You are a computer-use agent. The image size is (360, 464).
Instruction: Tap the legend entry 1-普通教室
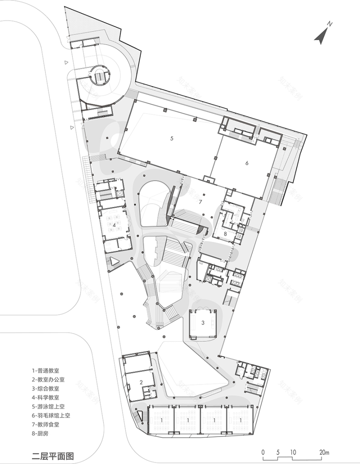coord(47,371)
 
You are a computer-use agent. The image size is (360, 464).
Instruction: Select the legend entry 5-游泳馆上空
coord(50,406)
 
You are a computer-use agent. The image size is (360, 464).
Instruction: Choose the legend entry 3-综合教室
coord(47,389)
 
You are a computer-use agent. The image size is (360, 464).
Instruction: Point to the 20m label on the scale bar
coord(324,453)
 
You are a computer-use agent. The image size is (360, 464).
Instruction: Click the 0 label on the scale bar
coord(263,453)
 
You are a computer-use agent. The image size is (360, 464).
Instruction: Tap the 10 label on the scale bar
coord(293,453)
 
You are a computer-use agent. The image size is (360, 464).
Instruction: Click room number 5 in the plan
coord(172,139)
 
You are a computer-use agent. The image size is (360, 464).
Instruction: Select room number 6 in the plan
coord(247,162)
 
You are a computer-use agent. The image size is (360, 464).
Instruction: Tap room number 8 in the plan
coord(225,233)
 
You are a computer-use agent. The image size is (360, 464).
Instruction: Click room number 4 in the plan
coord(115,225)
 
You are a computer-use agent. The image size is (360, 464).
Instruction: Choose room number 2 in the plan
coord(141,382)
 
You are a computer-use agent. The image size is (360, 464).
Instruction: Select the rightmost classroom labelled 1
coord(241,420)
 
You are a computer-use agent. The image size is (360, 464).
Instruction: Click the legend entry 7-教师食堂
coord(47,424)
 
